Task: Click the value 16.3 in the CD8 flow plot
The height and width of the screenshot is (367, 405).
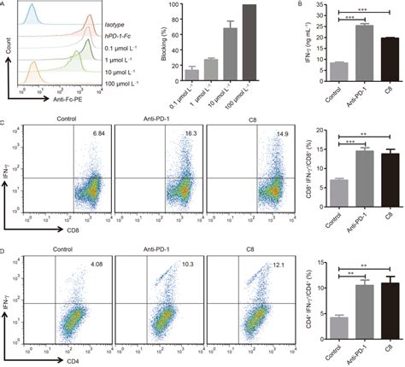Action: coord(191,134)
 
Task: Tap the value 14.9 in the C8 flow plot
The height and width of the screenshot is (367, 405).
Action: coord(281,134)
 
